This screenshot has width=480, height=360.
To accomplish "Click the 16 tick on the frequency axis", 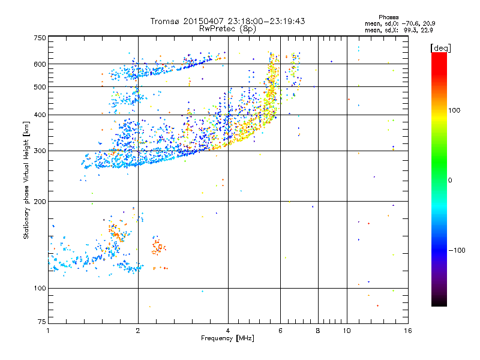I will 407,331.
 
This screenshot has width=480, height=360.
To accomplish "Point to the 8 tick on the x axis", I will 318,331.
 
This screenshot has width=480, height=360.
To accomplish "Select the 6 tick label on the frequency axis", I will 281,331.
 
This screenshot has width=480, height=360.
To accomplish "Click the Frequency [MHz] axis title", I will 227,338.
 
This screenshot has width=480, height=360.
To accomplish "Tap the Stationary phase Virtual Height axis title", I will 26,180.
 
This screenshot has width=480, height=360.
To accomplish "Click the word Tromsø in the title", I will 166,21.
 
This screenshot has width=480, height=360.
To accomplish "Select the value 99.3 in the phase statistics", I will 412,29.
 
